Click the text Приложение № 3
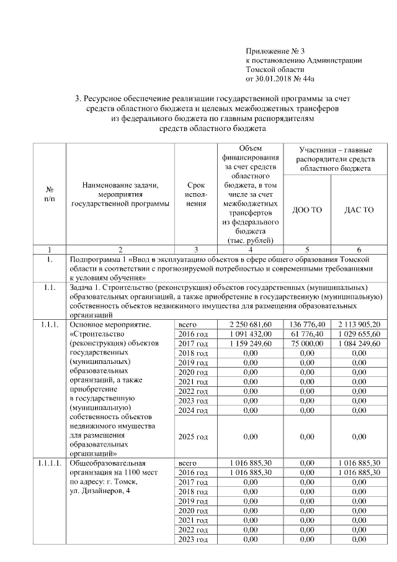pos(275,50)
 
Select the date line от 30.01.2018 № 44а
pos(280,79)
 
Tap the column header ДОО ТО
pos(307,210)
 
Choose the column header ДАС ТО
pos(359,210)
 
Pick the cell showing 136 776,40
pos(307,324)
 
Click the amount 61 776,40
pos(307,333)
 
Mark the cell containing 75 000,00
pos(307,343)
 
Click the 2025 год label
pos(193,437)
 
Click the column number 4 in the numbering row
pos(250,249)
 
